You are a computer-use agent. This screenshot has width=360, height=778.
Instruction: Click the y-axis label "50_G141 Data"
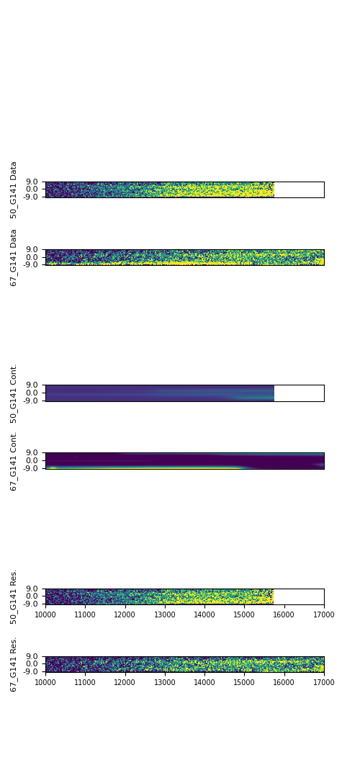[x=14, y=190]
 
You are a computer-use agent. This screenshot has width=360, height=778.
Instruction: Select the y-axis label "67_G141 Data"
[x=14, y=257]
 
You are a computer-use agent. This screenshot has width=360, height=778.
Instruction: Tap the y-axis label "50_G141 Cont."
[x=14, y=393]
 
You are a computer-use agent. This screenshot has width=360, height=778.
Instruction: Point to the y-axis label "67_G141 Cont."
[x=14, y=461]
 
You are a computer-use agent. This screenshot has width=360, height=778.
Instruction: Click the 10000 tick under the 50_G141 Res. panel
[x=45, y=614]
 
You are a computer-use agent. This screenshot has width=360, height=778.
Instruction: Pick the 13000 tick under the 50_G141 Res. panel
[x=165, y=614]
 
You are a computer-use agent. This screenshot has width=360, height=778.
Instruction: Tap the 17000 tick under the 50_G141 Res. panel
[x=324, y=614]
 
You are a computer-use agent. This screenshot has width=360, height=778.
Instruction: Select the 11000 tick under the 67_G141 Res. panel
[x=85, y=682]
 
